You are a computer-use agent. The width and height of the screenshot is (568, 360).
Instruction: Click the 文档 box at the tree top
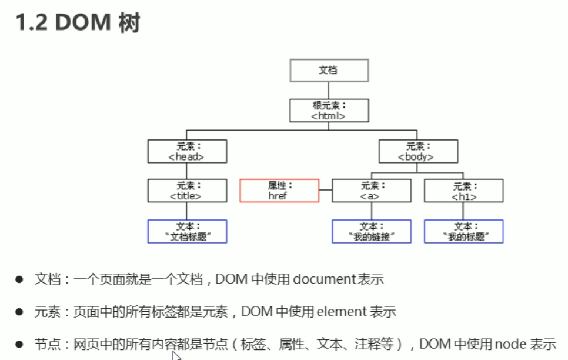click(x=329, y=70)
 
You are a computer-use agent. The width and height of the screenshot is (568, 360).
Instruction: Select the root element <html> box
click(x=329, y=111)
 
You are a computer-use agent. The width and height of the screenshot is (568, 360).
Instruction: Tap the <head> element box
click(x=186, y=151)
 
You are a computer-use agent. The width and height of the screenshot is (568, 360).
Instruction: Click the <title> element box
click(x=186, y=191)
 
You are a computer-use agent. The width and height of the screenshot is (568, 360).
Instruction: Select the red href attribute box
click(x=279, y=191)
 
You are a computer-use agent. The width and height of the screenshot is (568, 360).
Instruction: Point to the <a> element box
click(x=370, y=191)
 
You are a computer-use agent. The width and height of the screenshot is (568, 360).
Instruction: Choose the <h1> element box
click(x=463, y=191)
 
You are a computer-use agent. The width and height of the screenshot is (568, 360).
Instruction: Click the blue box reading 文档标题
click(x=186, y=231)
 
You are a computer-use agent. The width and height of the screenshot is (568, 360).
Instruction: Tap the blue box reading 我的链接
click(x=370, y=231)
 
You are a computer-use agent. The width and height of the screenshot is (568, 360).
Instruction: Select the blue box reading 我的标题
click(x=463, y=231)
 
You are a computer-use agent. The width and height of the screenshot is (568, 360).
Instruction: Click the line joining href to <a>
click(x=326, y=191)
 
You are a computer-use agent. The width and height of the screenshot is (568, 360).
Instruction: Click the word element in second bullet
click(x=342, y=312)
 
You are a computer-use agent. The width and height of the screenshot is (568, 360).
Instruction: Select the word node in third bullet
click(x=509, y=344)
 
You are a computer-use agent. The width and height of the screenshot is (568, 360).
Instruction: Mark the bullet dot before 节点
click(x=19, y=344)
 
